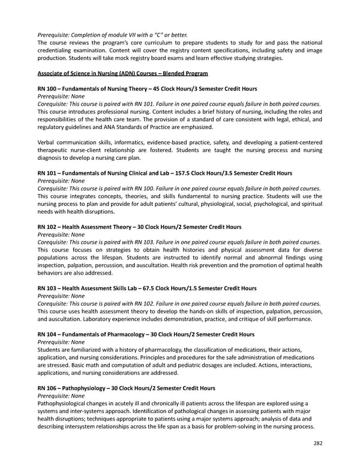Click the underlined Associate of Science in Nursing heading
122,73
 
